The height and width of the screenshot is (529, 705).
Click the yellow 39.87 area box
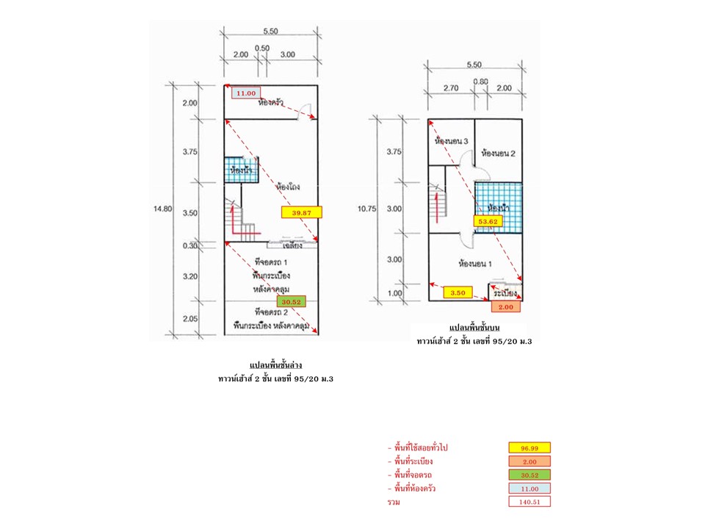point(301,212)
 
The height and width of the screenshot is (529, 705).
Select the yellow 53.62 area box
point(488,220)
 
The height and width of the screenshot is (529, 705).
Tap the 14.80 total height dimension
point(162,209)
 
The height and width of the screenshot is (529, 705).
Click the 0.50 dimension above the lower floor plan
point(261,48)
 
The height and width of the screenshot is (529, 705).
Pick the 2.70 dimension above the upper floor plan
point(449,87)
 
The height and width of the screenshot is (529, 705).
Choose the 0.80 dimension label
point(481,82)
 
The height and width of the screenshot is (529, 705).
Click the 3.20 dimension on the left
point(189,277)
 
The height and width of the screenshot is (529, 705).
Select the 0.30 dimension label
point(189,246)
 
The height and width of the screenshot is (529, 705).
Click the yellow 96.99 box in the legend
point(529,447)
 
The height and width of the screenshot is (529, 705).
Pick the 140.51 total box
point(529,503)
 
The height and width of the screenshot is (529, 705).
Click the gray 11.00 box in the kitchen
point(245,93)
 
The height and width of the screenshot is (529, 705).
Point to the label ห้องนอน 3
point(452,140)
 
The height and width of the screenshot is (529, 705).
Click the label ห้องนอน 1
point(474,262)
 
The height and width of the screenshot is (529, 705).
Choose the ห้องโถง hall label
point(291,187)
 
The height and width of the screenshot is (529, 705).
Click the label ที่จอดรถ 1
point(270,262)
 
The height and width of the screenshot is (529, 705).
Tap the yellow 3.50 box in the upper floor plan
point(458,292)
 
